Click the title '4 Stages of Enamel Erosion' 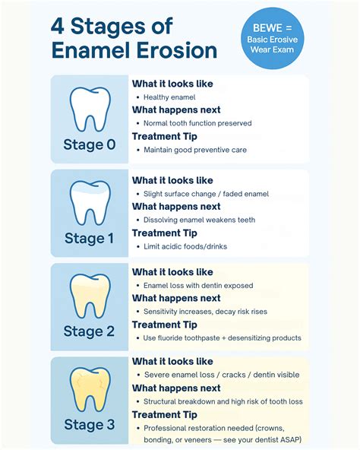pos(134,39)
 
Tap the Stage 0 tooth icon pos(90,110)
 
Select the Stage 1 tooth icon pos(90,204)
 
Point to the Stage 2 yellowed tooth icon pos(90,297)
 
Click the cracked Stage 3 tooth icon pos(90,390)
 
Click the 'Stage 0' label pos(90,145)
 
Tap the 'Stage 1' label pos(90,239)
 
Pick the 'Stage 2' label pos(90,331)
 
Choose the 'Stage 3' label pos(90,425)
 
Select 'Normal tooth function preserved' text pos(197,123)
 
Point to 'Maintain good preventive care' pos(195,150)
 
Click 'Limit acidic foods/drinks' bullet pos(185,246)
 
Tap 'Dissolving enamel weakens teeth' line pos(199,220)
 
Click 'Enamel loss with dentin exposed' pos(198,285)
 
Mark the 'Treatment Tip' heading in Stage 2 pos(165,325)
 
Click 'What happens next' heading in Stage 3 pos(176,388)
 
